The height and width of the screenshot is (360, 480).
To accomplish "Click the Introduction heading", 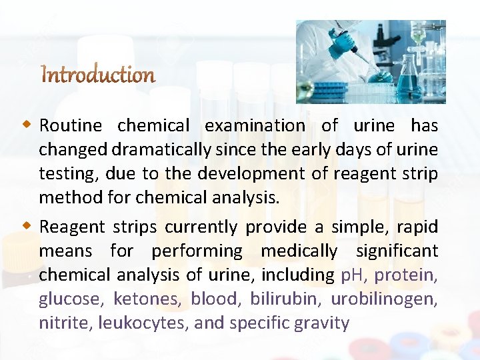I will click(98, 74).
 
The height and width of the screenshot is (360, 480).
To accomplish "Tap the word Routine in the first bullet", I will click(70, 125).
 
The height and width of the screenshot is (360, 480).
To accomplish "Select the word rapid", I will click(417, 227).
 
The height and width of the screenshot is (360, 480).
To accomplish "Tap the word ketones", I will click(147, 299).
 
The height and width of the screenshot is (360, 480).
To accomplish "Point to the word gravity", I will click(324, 323).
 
